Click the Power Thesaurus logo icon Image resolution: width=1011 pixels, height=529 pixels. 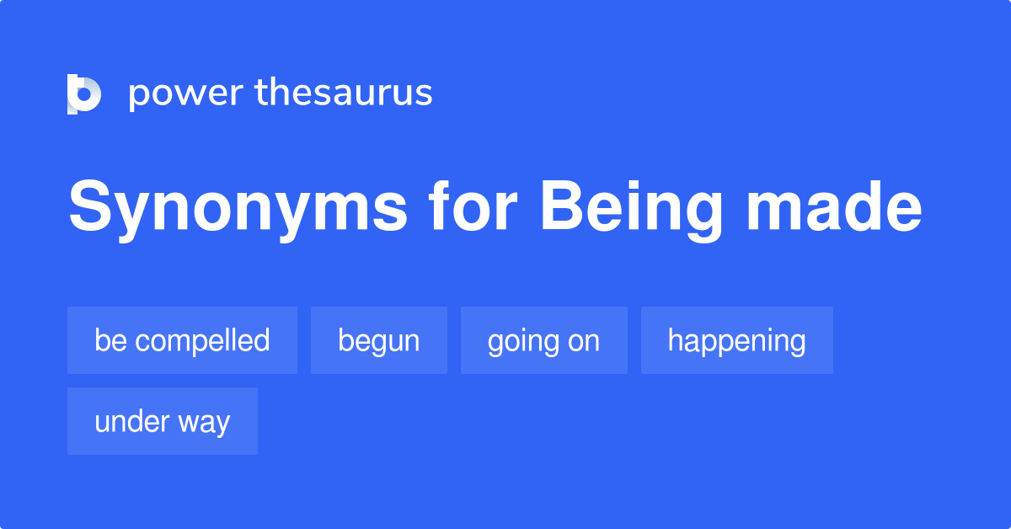pos(84,94)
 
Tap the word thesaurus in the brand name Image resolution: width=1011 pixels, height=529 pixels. pos(344,94)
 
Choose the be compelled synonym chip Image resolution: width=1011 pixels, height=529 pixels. pos(182,340)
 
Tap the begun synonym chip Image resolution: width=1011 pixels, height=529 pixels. pos(378,340)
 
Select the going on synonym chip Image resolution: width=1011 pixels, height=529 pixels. pos(543,340)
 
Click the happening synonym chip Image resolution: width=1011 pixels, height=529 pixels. pos(736,340)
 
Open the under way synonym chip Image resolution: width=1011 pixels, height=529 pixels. pos(162,421)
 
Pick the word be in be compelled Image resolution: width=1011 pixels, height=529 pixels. pos(110,340)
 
